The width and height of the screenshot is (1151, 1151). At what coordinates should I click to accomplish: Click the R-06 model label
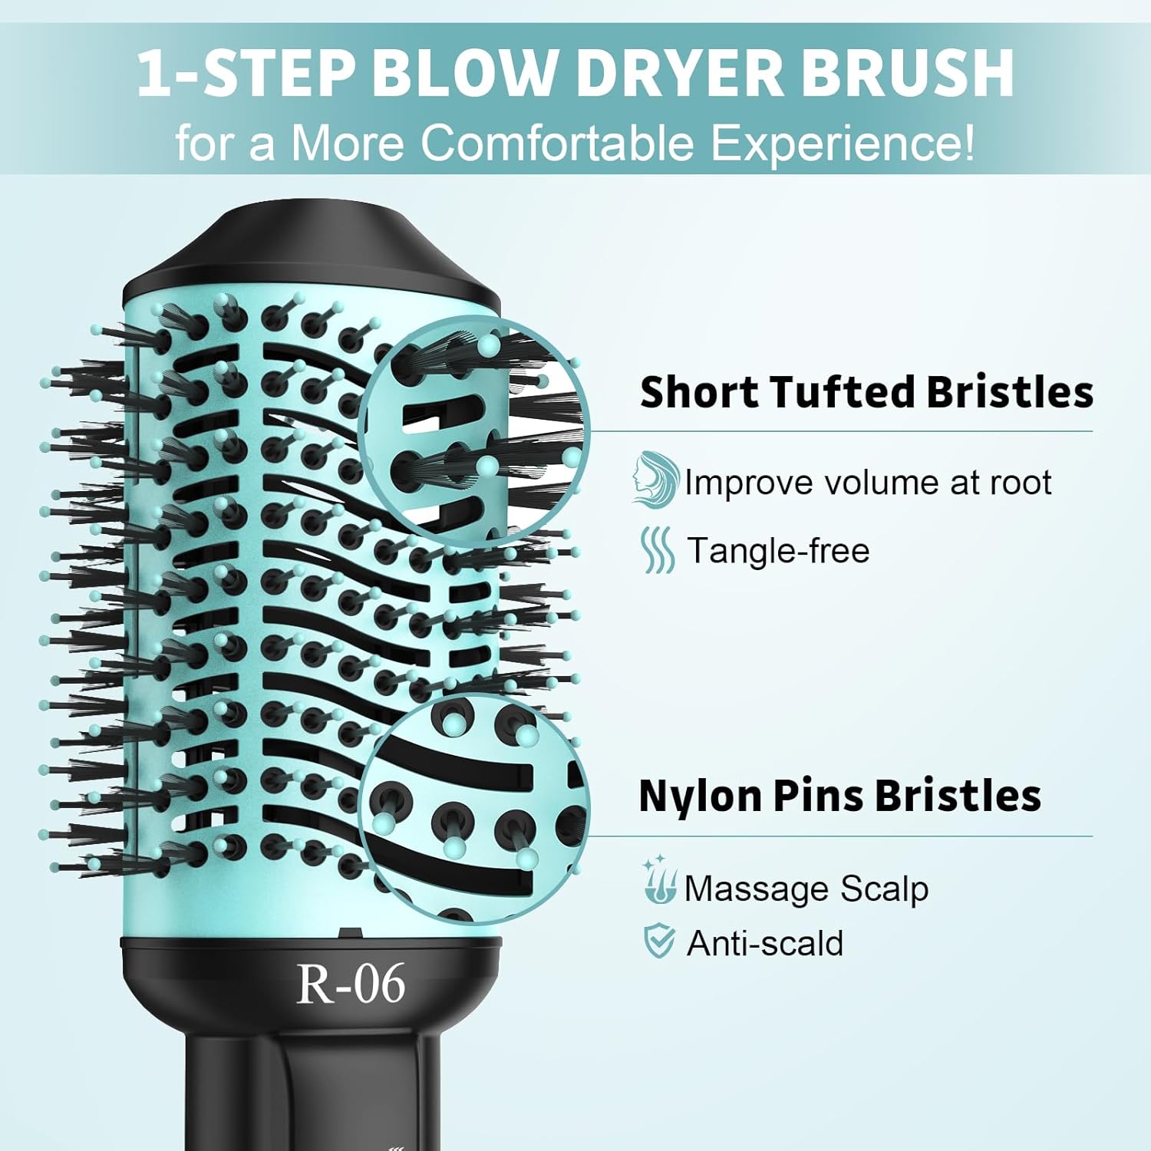(351, 983)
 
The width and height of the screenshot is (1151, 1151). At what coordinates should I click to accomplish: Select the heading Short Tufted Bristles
(866, 391)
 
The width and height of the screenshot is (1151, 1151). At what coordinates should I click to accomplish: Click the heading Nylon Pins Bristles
(839, 795)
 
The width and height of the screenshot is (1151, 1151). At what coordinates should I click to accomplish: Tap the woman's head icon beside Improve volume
(655, 479)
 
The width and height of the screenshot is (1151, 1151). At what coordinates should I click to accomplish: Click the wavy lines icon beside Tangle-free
(658, 549)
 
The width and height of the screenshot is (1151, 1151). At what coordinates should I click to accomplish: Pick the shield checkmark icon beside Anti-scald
(658, 942)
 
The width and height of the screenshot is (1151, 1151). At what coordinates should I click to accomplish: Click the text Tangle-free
(778, 551)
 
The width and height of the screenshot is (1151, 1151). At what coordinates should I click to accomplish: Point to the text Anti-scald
(765, 943)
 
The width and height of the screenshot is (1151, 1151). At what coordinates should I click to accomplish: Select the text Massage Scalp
(806, 889)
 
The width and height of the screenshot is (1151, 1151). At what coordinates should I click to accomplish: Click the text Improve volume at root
(868, 483)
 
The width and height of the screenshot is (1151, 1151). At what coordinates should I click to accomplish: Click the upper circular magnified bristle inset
(473, 430)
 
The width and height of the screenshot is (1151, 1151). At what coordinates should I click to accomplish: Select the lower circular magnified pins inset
(473, 810)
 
